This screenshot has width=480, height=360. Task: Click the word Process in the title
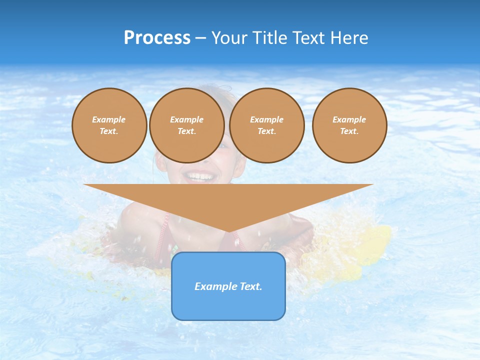coord(157,38)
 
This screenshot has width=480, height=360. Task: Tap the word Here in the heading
coord(349,38)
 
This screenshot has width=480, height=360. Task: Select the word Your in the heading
coord(230,38)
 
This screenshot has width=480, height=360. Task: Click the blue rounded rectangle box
coord(228,305)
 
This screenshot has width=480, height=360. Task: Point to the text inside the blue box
coord(228,286)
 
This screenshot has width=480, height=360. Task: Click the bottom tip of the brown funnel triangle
coord(228,231)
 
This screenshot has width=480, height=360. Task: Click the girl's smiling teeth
coord(199,176)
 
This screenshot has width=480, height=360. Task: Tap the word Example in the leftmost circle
coord(109,119)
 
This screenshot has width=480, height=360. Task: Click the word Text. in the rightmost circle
coord(349,131)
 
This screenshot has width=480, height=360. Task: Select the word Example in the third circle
coord(267,119)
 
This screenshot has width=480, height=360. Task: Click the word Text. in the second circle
coord(187,131)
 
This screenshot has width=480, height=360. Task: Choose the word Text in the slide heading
coord(309,38)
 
